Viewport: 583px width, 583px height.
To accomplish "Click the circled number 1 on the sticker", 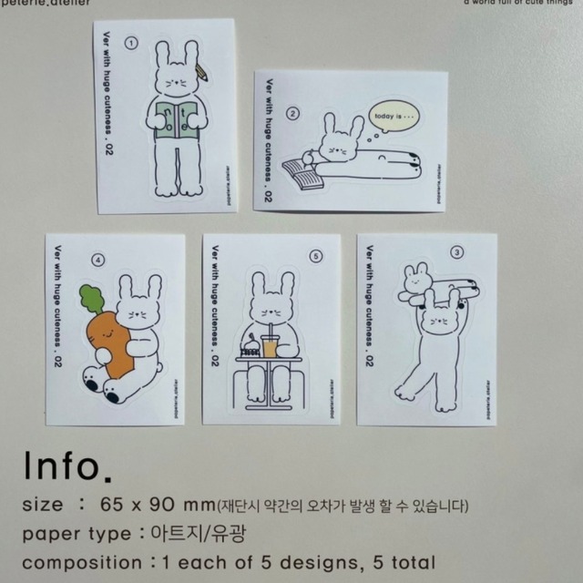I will (x=130, y=43).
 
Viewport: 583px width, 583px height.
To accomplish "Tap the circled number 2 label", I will (x=292, y=114).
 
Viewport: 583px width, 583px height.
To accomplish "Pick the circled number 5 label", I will (x=315, y=257).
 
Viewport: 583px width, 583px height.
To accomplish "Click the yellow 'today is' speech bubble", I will (x=392, y=118).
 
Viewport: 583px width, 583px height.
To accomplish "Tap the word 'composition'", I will (x=80, y=562).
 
